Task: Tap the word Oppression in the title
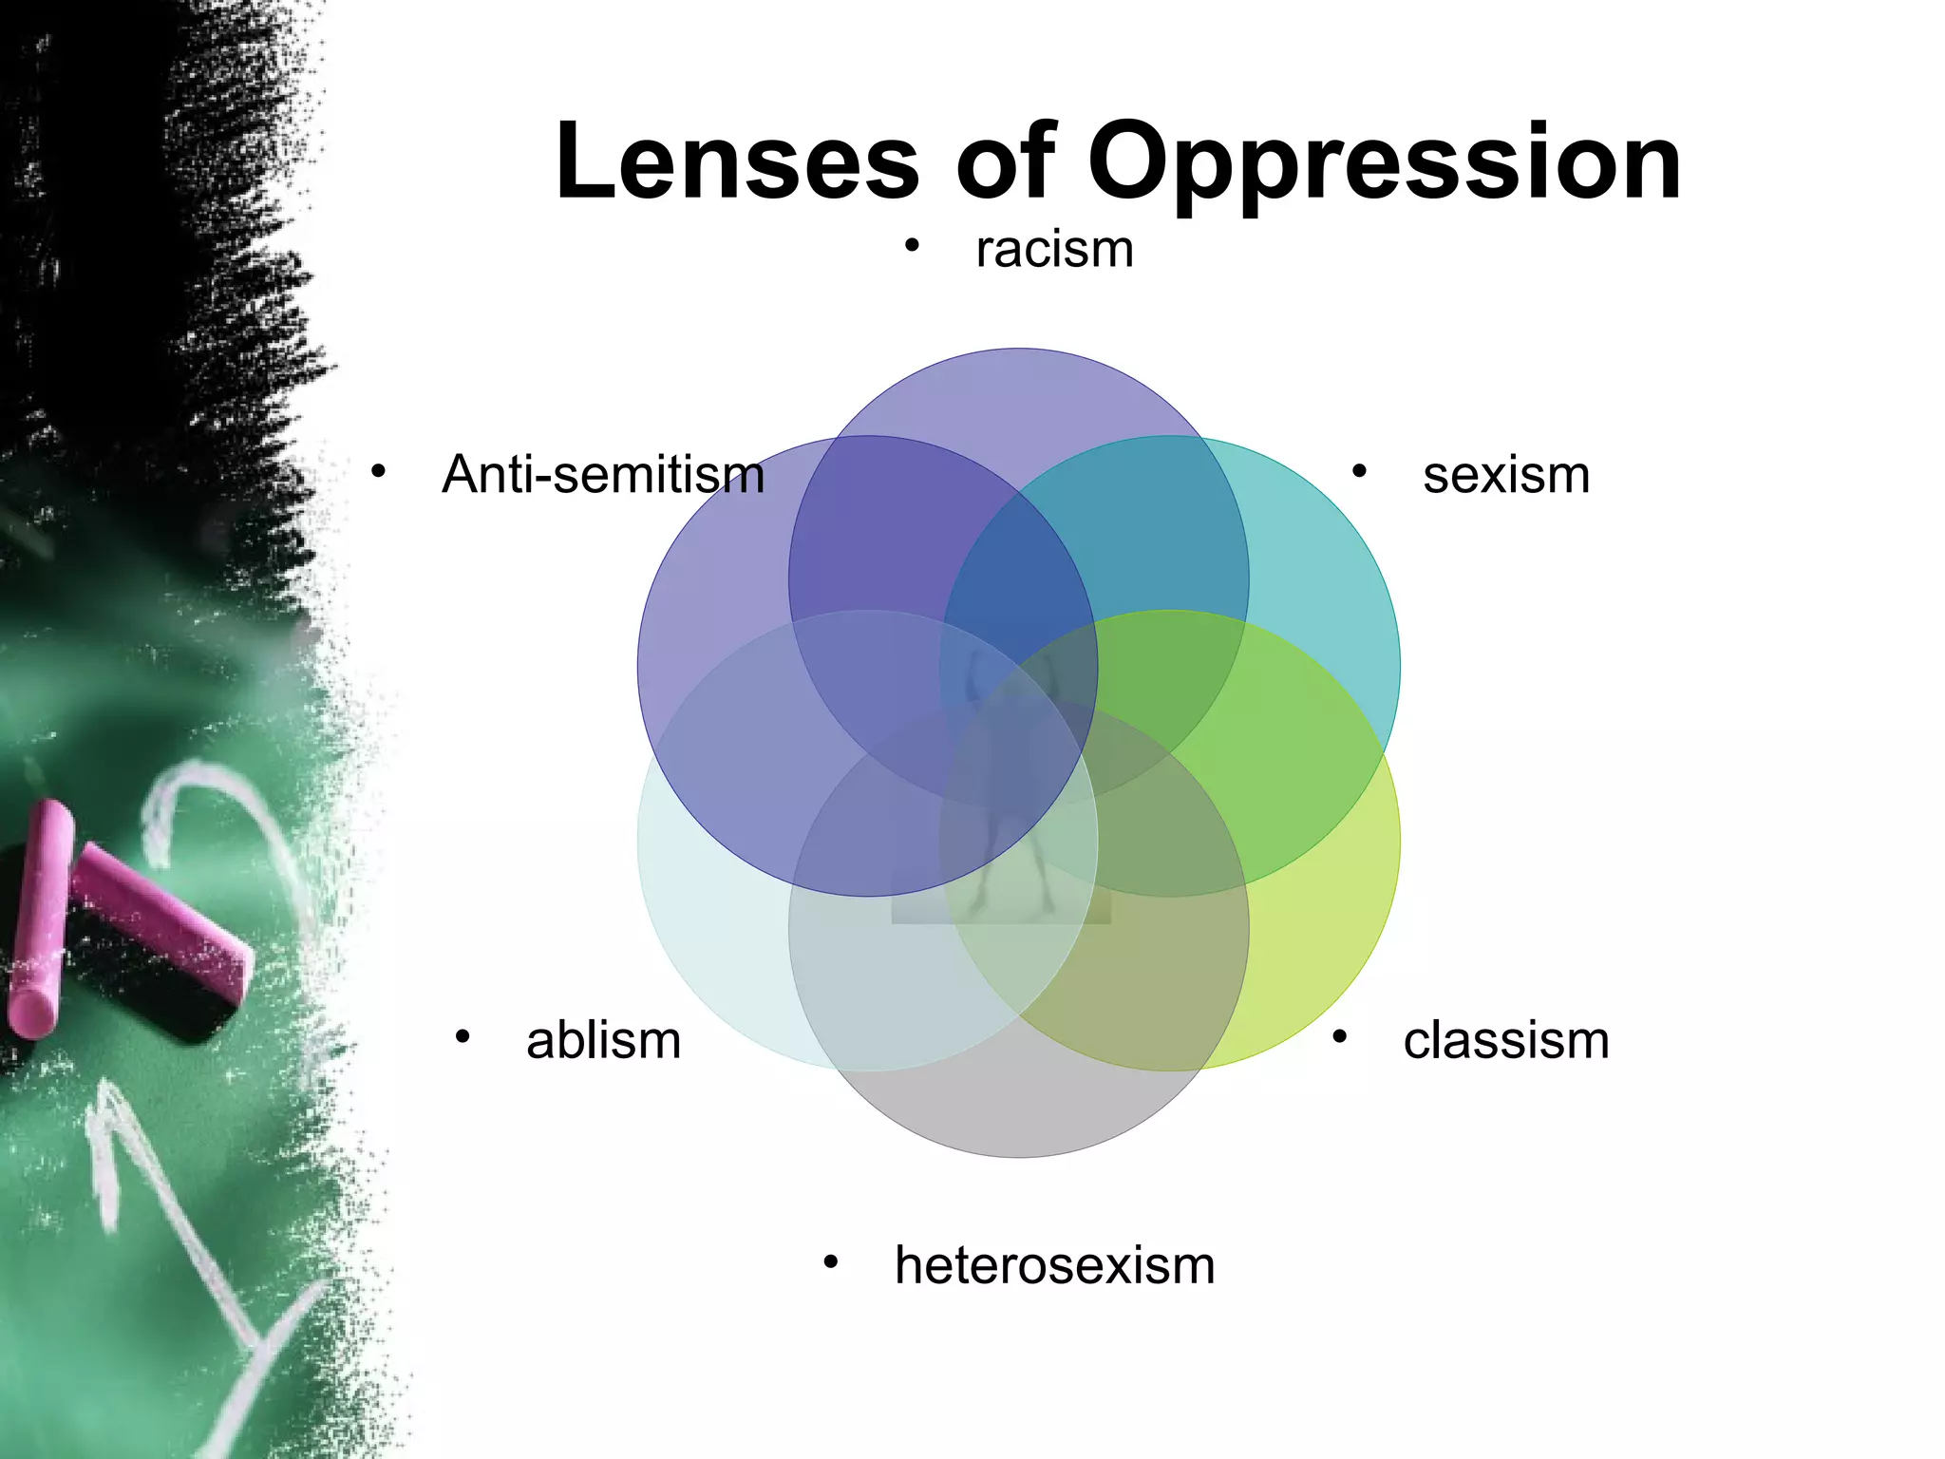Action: coord(1384,163)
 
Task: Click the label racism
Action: coord(1054,250)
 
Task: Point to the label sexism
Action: coord(1505,474)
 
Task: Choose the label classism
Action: coord(1505,1039)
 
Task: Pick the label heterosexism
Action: coord(1054,1265)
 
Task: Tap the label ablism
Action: coord(603,1039)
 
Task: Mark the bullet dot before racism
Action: coord(912,247)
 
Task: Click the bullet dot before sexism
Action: coord(1359,471)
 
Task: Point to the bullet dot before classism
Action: coord(1339,1036)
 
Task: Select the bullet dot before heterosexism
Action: coord(831,1262)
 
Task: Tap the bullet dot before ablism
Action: coord(463,1036)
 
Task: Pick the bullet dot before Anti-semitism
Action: coord(378,471)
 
